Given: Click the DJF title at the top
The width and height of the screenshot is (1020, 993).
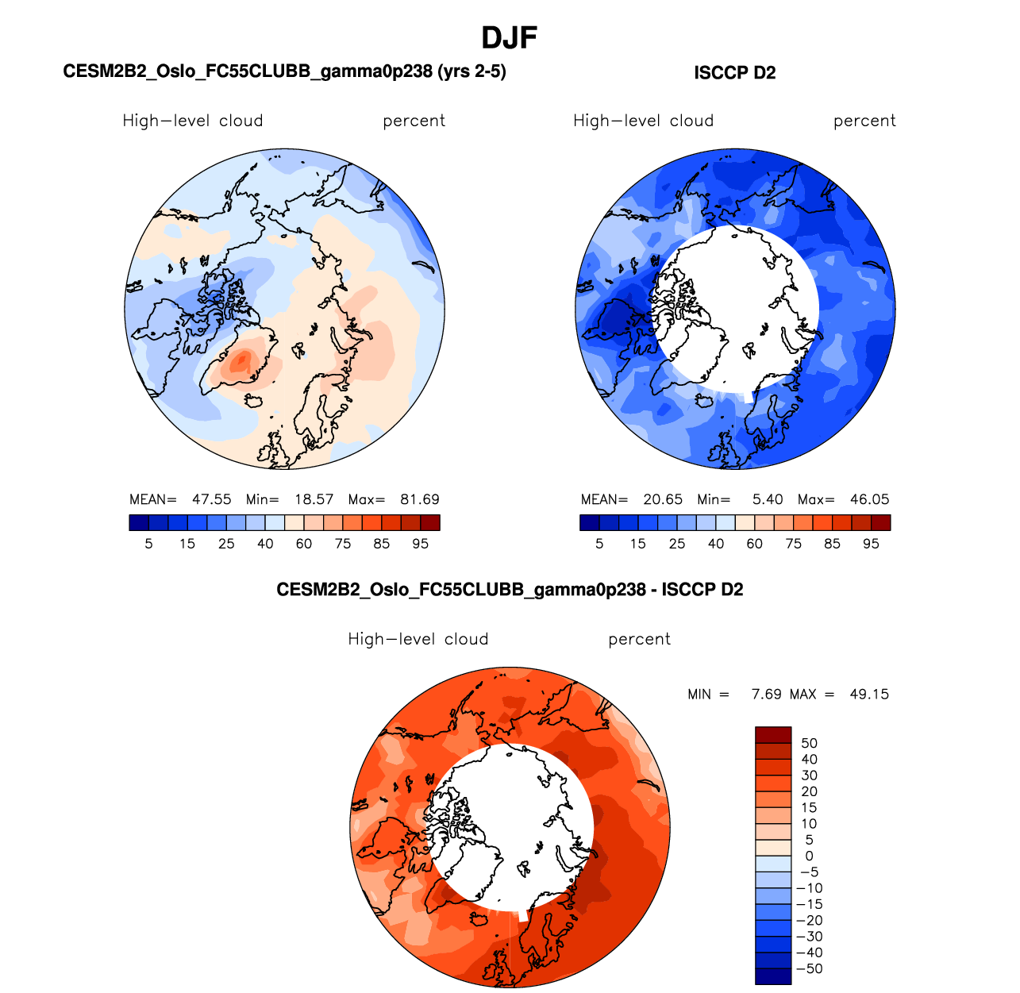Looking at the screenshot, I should coord(510,37).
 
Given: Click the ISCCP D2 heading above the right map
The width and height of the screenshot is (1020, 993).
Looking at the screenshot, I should coord(734,73).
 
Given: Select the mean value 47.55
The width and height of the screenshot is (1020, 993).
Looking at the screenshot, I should coord(211,499).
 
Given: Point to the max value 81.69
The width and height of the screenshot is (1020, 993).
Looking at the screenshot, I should coord(419,499).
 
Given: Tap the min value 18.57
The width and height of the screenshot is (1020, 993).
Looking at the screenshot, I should coord(314,499).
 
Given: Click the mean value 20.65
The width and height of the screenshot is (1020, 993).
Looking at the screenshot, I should coord(663,499).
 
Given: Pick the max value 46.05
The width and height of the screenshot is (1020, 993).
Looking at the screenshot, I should coord(869,499).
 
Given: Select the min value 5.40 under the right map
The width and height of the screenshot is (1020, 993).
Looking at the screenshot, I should coord(768,499).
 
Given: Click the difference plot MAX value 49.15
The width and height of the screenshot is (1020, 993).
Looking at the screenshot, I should coord(869,694).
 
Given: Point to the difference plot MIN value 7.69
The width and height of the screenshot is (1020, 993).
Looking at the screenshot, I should coord(766,694).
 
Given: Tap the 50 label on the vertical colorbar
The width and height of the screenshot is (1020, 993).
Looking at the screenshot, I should coord(809,743).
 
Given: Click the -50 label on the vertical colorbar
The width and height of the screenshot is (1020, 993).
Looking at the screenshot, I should coord(809,968).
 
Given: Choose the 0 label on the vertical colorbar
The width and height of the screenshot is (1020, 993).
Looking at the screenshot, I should coord(809,856).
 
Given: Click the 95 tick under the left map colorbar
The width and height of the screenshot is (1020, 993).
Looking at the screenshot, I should coord(420,544).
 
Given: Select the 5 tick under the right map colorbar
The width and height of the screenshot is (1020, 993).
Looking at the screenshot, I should coord(599,544).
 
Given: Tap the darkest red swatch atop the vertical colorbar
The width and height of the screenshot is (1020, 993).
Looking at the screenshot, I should coord(773,735).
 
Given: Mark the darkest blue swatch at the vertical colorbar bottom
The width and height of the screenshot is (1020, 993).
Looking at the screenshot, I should coord(773,976).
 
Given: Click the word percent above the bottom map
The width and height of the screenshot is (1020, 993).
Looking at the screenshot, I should coord(639,639).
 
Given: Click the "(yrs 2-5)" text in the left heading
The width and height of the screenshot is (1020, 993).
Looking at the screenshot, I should coord(472,71).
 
